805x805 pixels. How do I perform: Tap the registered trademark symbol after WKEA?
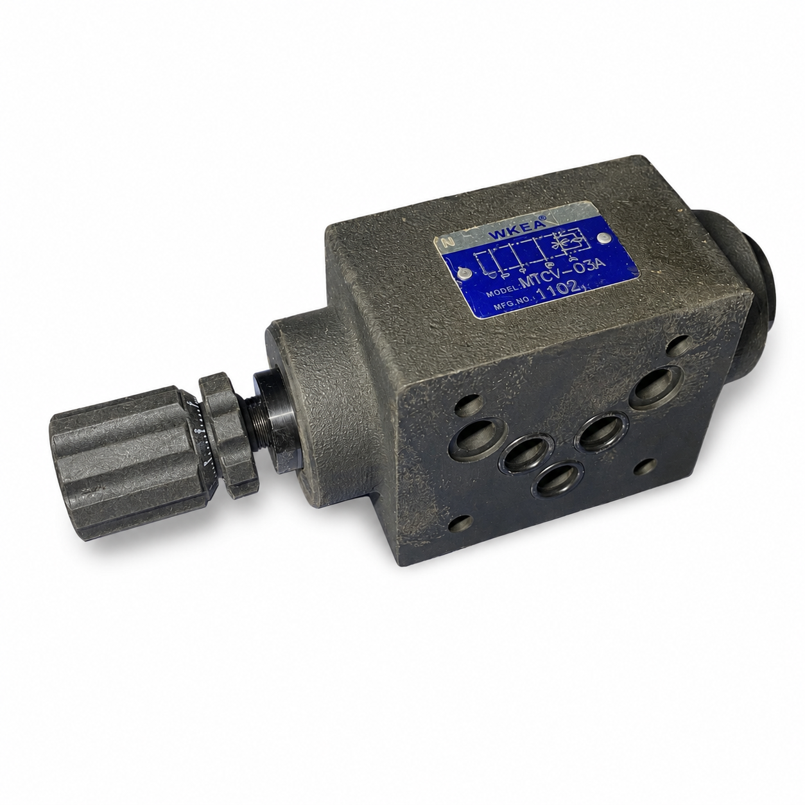click(x=543, y=218)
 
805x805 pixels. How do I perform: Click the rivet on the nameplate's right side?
click(x=602, y=238)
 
